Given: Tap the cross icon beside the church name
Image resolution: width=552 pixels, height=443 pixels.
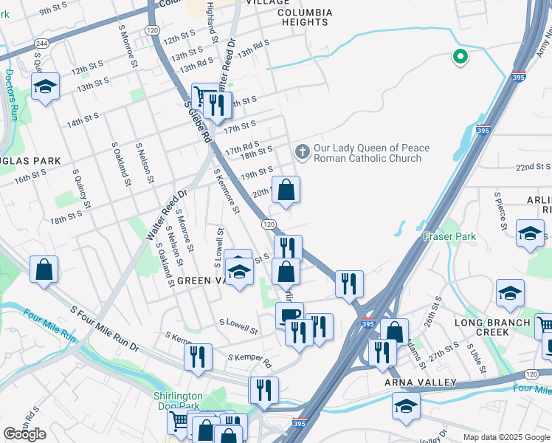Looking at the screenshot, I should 301,152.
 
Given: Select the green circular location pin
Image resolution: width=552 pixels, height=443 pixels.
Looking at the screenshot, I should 460,56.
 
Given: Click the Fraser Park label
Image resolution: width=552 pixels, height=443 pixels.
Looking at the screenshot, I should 449,236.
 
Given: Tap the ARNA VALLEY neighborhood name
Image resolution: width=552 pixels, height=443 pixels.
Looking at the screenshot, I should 420,382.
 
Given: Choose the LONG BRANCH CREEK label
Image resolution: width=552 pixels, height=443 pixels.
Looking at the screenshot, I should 492,327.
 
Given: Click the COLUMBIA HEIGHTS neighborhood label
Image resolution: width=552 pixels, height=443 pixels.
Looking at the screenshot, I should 304,17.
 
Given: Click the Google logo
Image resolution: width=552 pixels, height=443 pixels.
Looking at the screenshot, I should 24,434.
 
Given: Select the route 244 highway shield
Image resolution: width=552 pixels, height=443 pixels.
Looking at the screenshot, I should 41,44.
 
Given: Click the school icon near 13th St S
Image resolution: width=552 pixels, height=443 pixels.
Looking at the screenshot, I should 45,87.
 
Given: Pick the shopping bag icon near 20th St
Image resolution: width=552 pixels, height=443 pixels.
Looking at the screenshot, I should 286,190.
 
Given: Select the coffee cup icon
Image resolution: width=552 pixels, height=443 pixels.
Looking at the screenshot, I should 289,315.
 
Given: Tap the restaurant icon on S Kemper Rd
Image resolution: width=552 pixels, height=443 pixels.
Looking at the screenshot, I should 198,357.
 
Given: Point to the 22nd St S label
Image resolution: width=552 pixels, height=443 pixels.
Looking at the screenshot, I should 534,168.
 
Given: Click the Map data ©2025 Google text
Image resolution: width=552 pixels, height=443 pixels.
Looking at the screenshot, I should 506,437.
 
